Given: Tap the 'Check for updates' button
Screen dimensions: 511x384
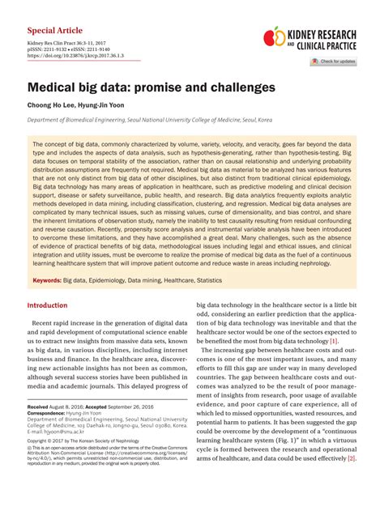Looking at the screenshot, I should pyautogui.click(x=334, y=62).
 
